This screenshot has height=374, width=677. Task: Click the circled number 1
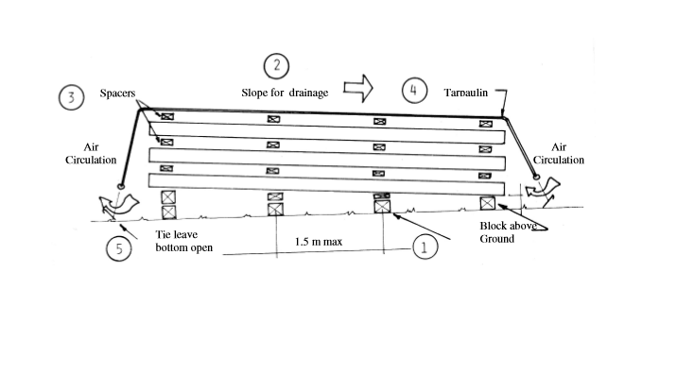pyautogui.click(x=425, y=247)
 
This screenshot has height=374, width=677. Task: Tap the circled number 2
pyautogui.click(x=276, y=66)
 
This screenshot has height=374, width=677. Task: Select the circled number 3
pyautogui.click(x=71, y=97)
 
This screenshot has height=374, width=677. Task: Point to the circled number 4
pyautogui.click(x=414, y=91)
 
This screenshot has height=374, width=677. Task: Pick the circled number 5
pyautogui.click(x=119, y=248)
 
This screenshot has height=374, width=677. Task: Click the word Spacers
pyautogui.click(x=117, y=93)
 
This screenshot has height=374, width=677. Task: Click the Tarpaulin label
pyautogui.click(x=466, y=93)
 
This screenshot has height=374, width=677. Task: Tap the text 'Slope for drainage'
pyautogui.click(x=285, y=93)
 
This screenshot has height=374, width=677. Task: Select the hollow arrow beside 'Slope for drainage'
pyautogui.click(x=358, y=89)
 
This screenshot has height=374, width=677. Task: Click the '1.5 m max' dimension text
pyautogui.click(x=319, y=242)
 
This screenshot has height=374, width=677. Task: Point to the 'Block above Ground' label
pyautogui.click(x=508, y=232)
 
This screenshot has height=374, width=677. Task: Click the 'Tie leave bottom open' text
pyautogui.click(x=184, y=241)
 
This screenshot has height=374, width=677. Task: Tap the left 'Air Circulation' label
pyautogui.click(x=91, y=154)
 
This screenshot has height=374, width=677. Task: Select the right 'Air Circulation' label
pyautogui.click(x=559, y=154)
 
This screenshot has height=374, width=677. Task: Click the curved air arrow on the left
pyautogui.click(x=119, y=204)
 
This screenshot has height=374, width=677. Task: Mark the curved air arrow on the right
pyautogui.click(x=543, y=188)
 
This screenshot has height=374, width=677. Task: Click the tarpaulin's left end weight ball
pyautogui.click(x=121, y=186)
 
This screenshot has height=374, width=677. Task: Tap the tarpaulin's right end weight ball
pyautogui.click(x=536, y=177)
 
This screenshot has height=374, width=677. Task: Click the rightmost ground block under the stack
pyautogui.click(x=488, y=203)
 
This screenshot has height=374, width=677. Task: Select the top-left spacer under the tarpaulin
pyautogui.click(x=167, y=116)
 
